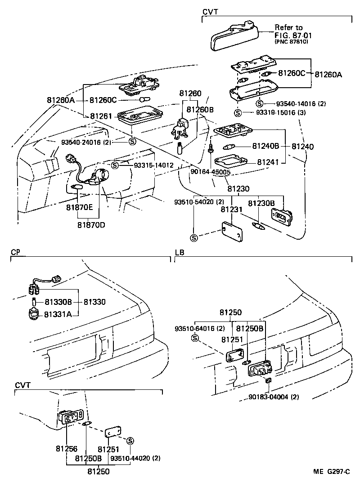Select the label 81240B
point(265,146)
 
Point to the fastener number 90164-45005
point(211,172)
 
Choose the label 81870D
point(91,224)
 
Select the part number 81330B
point(56,302)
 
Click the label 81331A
point(58,313)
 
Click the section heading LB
point(179,253)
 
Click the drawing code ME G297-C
point(332,472)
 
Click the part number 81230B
point(261,203)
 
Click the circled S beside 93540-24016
point(132,142)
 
